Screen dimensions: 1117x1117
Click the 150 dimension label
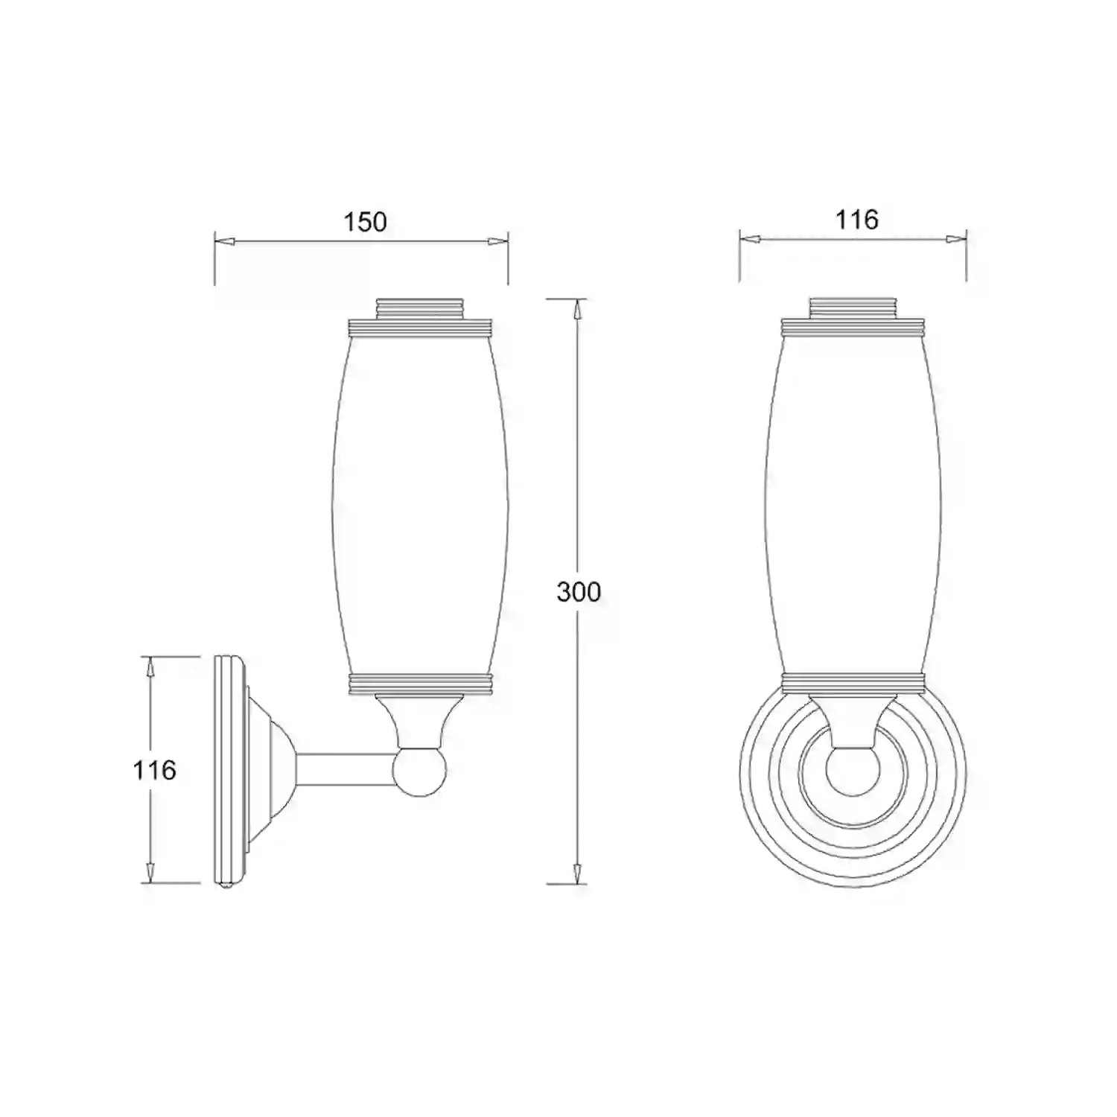click(x=365, y=222)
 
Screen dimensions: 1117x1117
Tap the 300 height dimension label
click(x=579, y=592)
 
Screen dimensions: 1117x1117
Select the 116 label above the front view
click(x=856, y=220)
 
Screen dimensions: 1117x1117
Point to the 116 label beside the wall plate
click(x=154, y=769)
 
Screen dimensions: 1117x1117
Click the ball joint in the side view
click(x=419, y=772)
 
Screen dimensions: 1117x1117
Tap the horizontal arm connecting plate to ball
click(x=346, y=772)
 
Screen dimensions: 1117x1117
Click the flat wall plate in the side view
click(x=229, y=771)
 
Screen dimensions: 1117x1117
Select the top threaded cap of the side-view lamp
click(x=419, y=309)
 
